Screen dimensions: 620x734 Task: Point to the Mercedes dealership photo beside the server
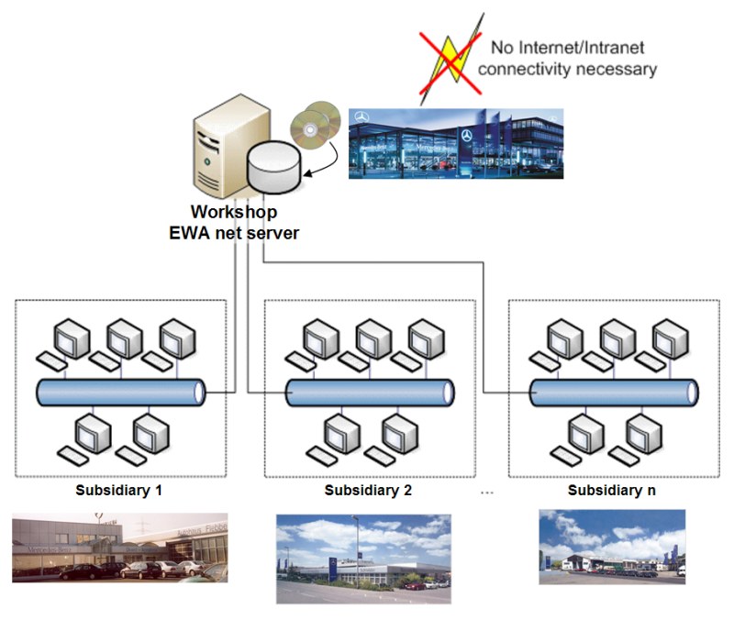[456, 142]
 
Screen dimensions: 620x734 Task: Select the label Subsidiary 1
[119, 490]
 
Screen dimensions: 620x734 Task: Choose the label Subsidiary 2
[368, 490]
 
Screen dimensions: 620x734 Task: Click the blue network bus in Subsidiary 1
[120, 393]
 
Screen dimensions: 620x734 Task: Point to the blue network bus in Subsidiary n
[614, 393]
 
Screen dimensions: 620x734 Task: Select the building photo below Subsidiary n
[612, 548]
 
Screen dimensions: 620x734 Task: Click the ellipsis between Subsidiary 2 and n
[486, 493]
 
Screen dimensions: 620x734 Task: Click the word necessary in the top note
[618, 69]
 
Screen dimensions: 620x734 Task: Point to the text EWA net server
[234, 233]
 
